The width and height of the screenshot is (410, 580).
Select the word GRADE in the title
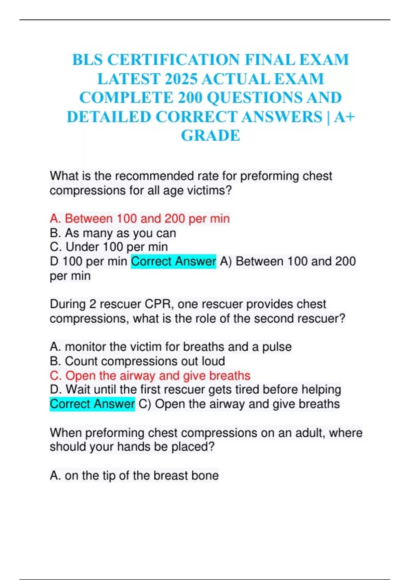coord(210,136)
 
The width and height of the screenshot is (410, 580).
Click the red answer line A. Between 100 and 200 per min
coord(140,219)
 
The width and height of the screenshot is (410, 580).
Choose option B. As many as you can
coord(113,233)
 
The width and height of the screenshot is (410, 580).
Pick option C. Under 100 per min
coord(109,247)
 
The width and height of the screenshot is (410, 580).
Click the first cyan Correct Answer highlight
coord(174,262)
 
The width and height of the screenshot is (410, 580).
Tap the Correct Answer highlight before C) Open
coord(92,404)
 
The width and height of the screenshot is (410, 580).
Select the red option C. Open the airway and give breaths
coord(150,376)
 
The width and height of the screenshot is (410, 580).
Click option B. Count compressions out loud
coord(137,361)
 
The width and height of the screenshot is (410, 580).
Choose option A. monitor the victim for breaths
coord(170,347)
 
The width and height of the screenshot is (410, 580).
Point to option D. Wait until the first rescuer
coord(195,390)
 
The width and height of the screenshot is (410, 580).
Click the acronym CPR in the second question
coord(159,304)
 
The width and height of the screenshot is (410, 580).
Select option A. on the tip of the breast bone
coord(134,476)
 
